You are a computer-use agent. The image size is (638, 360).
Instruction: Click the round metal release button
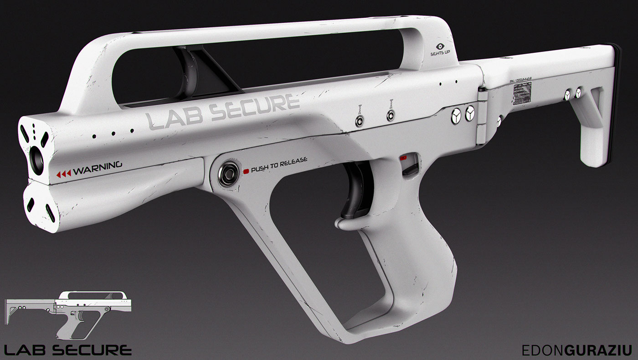pos(228,174)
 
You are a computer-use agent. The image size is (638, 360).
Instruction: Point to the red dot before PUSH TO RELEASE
pos(246,171)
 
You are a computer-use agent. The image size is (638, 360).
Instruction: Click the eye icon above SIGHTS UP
pos(440,46)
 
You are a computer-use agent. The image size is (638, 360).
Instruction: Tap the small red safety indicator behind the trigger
pos(403,158)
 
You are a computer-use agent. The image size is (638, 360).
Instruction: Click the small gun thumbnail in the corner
pos(68,314)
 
